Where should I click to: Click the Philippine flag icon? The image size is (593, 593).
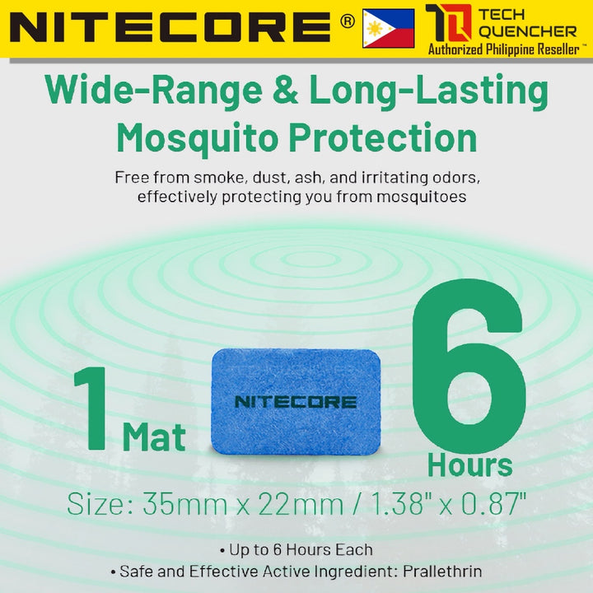[x=388, y=29]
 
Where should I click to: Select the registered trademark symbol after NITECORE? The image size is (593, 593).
[x=347, y=21]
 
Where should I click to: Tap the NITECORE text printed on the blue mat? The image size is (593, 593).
[x=296, y=402]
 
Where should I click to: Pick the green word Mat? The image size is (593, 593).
[x=154, y=437]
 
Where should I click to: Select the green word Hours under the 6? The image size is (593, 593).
[x=469, y=465]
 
